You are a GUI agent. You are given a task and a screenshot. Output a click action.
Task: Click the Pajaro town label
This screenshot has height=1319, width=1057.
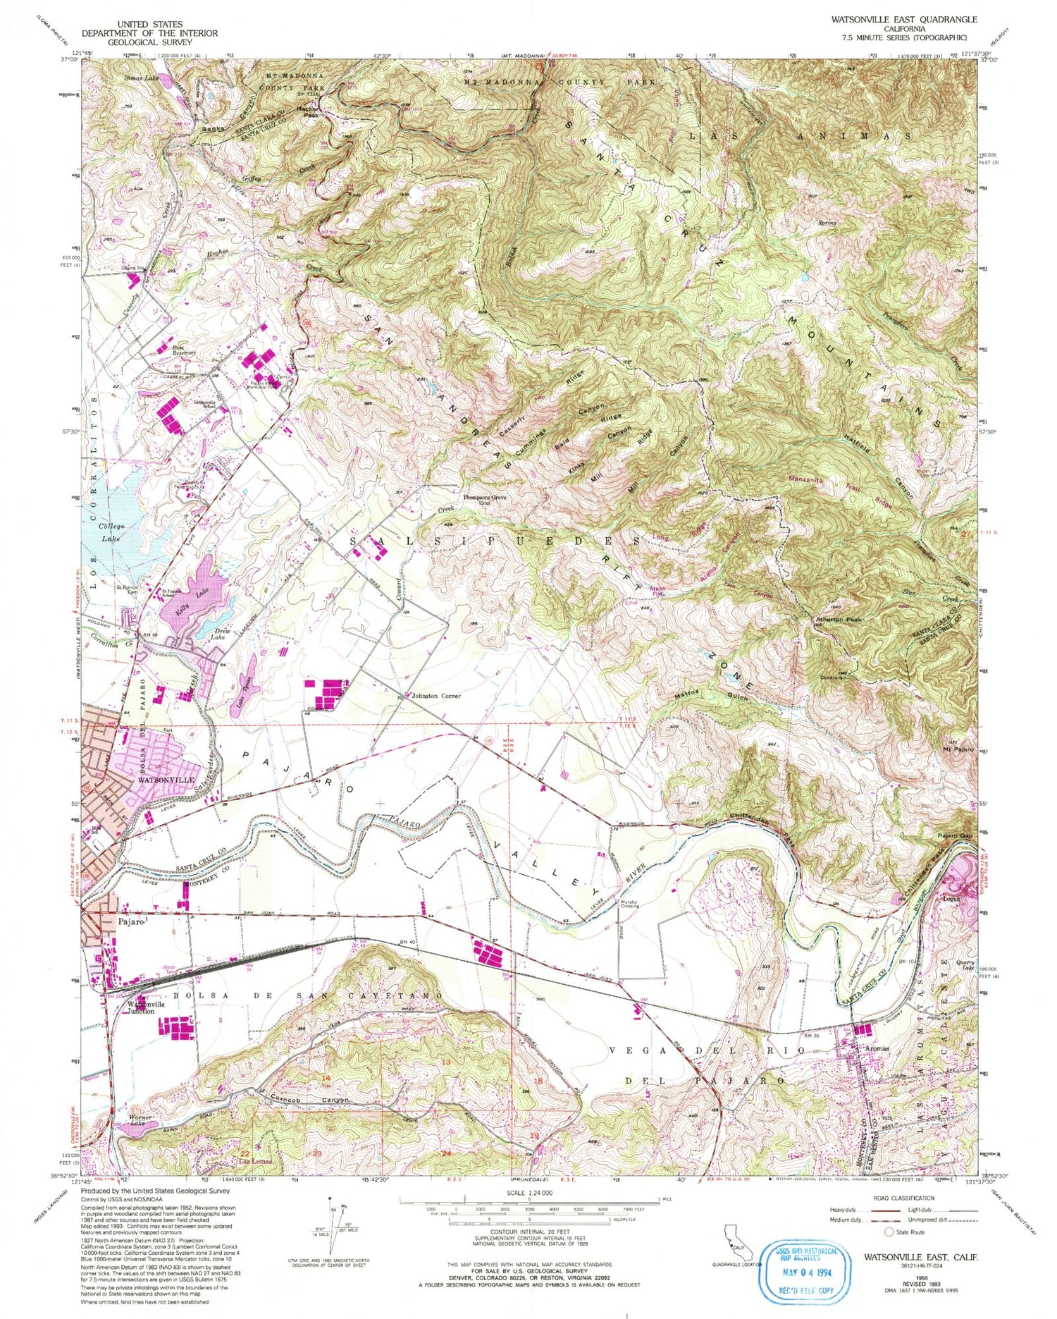pyautogui.click(x=131, y=921)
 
